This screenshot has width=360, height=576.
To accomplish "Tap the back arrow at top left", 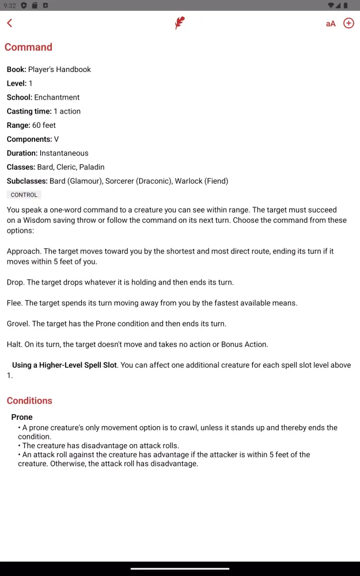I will click(10, 23).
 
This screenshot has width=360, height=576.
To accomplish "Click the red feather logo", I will click(180, 24).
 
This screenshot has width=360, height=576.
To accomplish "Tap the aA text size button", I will click(331, 24).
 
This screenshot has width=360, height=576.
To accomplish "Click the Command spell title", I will click(28, 47).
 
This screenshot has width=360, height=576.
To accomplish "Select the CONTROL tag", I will click(24, 195).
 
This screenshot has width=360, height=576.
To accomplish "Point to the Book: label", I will click(16, 70).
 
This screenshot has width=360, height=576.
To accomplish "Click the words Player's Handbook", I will click(59, 70).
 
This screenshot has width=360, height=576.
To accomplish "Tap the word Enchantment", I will click(56, 97).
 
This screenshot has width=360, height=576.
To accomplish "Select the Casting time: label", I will click(29, 111).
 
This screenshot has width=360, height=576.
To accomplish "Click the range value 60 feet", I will click(44, 125).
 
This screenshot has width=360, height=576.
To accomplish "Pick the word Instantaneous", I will click(64, 153).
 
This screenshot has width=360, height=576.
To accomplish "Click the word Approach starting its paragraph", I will click(23, 251).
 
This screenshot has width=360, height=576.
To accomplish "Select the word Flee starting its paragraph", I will click(14, 303).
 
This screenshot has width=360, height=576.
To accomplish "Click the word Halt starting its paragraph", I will click(14, 344).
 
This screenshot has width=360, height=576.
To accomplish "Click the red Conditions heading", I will click(29, 401).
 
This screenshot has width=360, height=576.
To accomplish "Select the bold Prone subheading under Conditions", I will click(22, 417).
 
